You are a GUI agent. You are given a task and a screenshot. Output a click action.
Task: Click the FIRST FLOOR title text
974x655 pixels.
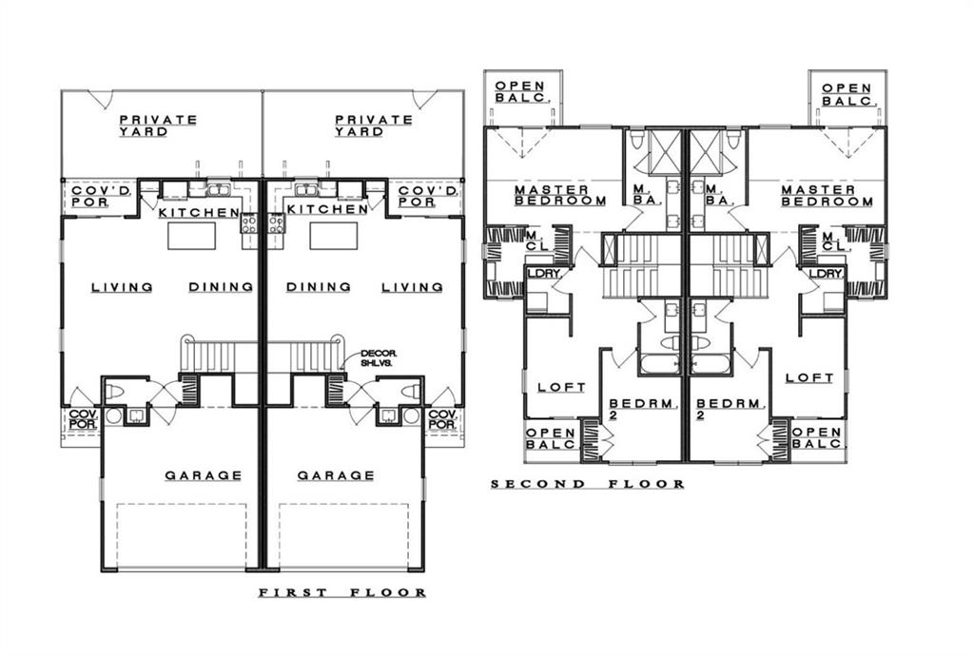342,593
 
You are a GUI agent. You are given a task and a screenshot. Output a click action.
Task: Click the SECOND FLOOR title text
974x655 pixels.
588,484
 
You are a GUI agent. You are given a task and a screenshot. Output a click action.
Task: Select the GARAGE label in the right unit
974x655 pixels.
336,475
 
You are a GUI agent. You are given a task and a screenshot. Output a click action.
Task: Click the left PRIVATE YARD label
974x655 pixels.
158,125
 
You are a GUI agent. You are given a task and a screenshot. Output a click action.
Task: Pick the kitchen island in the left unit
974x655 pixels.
192,236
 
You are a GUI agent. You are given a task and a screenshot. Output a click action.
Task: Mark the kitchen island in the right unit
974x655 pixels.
334,236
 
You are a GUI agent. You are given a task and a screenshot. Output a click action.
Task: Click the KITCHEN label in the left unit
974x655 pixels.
199,212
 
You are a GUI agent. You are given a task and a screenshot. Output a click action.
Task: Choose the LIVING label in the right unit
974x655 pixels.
412,287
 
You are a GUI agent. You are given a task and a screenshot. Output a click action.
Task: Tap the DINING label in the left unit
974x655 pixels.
221,287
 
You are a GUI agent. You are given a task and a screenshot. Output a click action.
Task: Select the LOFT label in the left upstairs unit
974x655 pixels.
561,387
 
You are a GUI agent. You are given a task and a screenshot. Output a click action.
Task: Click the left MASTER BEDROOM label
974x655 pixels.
560,196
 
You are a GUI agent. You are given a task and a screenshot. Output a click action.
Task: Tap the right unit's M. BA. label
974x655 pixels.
720,196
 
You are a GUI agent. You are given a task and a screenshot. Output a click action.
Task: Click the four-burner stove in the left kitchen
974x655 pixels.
249,222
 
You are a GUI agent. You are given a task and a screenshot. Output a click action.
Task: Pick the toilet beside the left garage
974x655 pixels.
115,393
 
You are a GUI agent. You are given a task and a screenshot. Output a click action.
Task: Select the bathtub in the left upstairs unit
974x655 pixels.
660,364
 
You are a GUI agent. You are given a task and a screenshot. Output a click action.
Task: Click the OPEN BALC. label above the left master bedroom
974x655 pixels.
520,92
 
